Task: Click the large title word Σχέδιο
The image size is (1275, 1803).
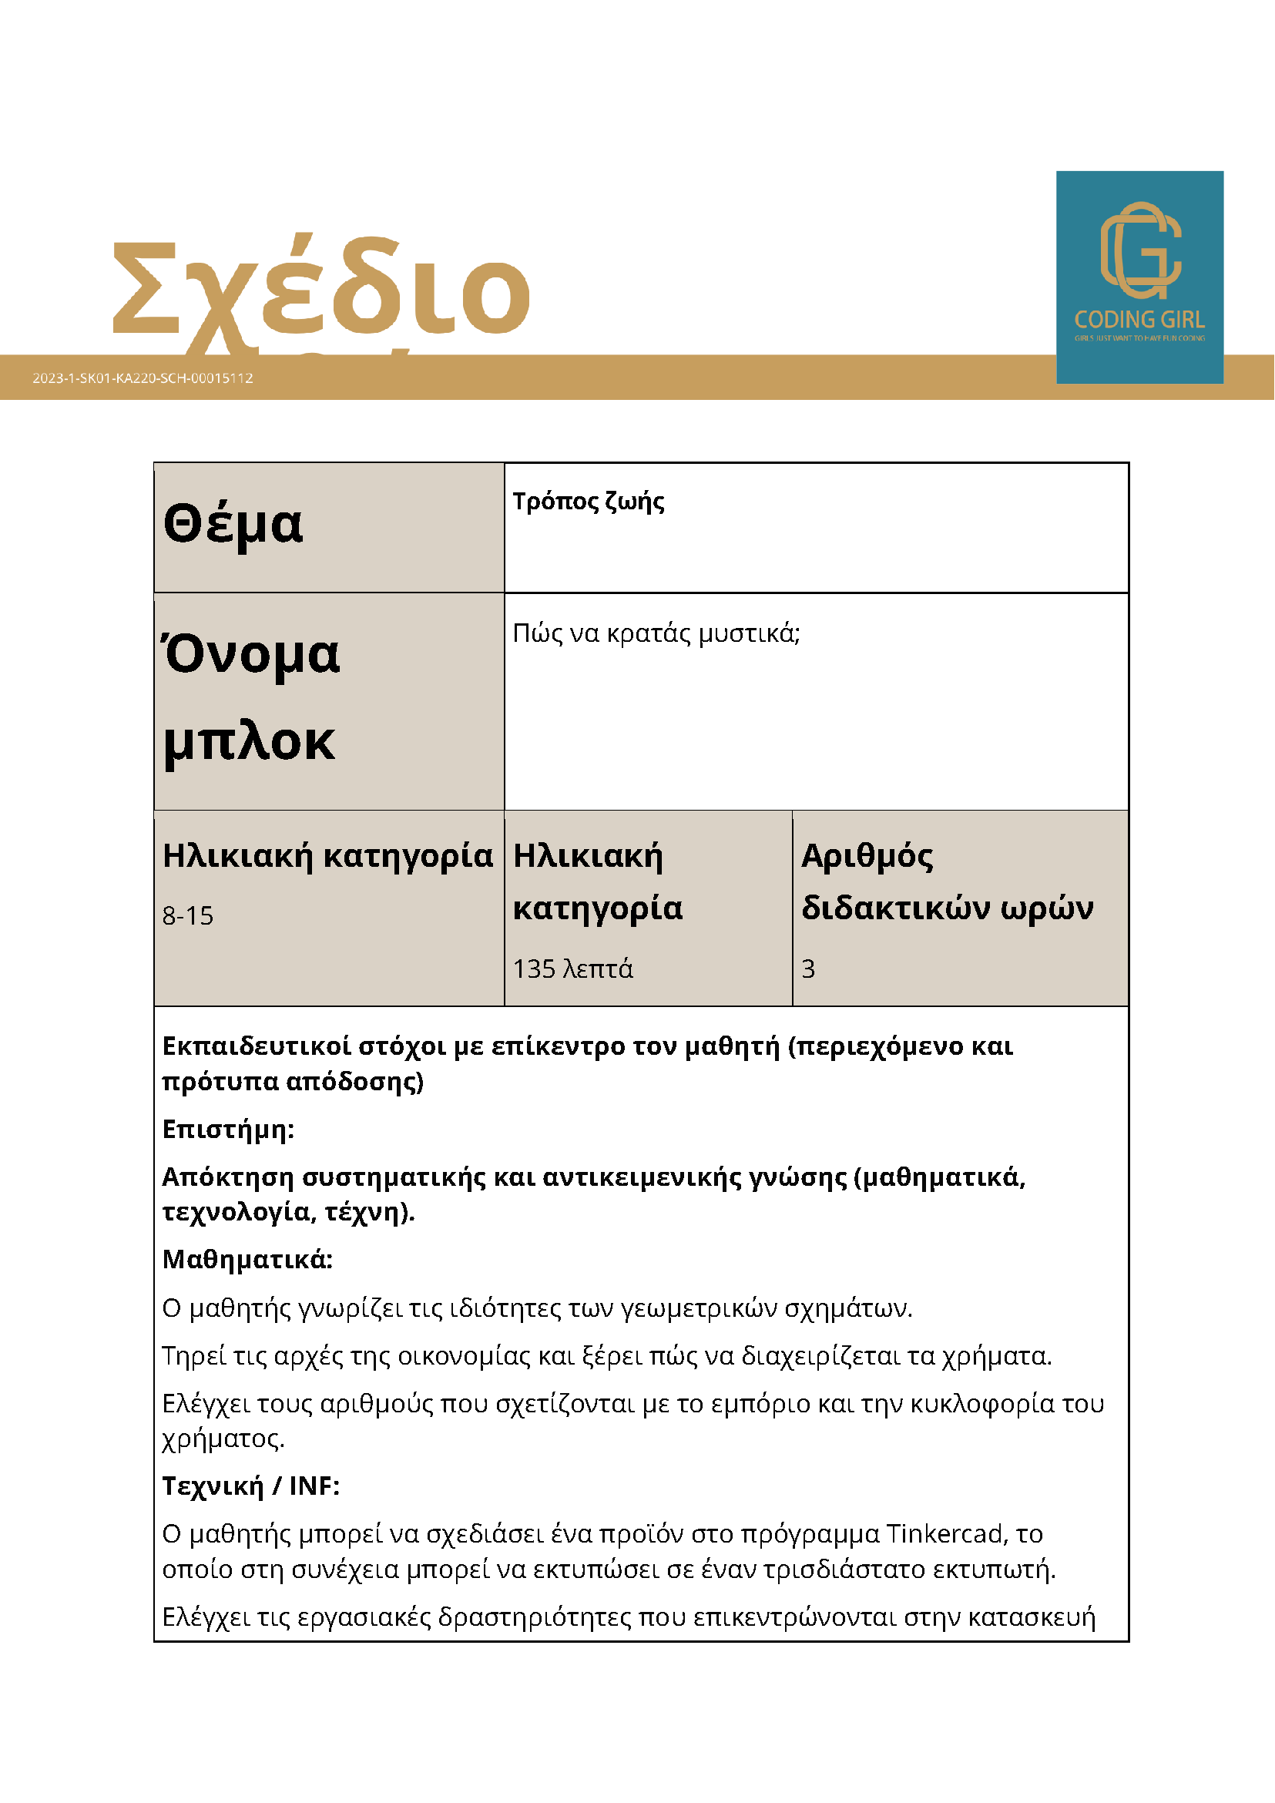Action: (320, 289)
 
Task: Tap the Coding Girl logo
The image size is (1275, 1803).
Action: (1139, 277)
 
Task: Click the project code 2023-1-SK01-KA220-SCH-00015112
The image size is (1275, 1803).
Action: (143, 378)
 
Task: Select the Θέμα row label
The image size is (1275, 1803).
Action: (233, 525)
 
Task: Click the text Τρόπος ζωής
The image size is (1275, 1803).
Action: (588, 501)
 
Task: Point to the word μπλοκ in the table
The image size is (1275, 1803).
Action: (249, 741)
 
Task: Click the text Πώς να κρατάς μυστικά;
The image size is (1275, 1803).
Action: (656, 633)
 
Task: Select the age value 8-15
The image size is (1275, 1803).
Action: (188, 915)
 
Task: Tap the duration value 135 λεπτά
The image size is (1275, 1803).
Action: (572, 969)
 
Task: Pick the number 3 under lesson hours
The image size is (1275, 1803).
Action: (808, 969)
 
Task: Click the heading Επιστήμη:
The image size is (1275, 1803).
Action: (228, 1130)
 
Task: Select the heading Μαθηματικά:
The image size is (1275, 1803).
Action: (247, 1260)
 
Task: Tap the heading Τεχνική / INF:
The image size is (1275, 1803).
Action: (250, 1486)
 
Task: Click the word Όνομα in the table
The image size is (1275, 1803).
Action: (251, 653)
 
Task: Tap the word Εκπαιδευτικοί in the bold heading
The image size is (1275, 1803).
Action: (256, 1047)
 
